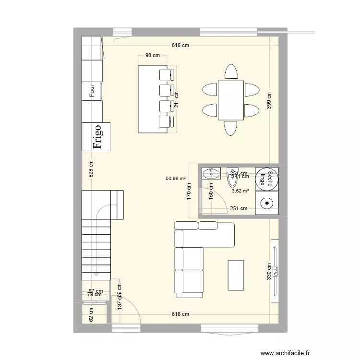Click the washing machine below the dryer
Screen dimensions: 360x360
[x=266, y=204]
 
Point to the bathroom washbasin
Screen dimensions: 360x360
[x=211, y=173]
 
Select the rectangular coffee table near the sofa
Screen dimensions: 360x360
[x=236, y=275]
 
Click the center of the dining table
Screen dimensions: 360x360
[x=230, y=100]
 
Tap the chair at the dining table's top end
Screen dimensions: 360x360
[x=231, y=72]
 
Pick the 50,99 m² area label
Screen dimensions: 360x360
[x=176, y=178]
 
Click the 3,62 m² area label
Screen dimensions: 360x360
[x=240, y=191]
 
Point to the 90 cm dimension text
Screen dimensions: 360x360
[x=153, y=56]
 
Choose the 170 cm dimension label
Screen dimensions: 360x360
[x=190, y=192]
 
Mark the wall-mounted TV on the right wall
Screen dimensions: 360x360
[x=275, y=272]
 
